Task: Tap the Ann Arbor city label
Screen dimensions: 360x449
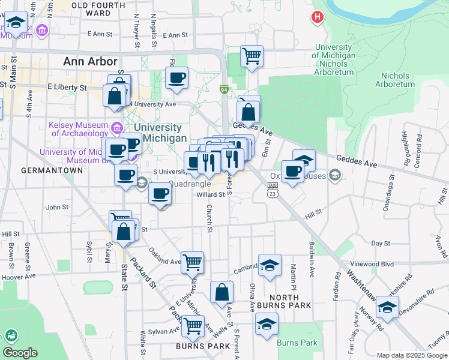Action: [90, 61]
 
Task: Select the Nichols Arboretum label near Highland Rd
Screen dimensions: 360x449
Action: [395, 80]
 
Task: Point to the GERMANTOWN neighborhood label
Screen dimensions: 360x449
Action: [52, 170]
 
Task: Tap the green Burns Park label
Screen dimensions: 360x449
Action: [297, 343]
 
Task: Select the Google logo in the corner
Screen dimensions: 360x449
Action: [20, 353]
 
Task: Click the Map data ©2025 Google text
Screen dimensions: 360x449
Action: [411, 355]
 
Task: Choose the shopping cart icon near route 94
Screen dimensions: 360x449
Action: [252, 56]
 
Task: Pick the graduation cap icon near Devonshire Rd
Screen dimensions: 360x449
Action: [388, 307]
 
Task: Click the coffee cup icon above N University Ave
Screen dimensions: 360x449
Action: [176, 77]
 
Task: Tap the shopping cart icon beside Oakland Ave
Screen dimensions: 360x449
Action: [193, 262]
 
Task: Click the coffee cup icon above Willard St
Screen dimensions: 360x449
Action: [160, 194]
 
